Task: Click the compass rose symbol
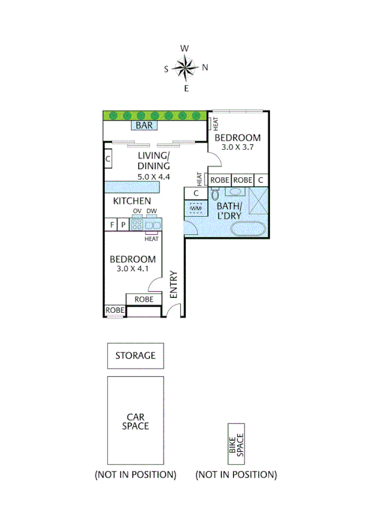(185, 68)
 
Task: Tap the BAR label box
(144, 126)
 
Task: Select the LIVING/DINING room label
(153, 160)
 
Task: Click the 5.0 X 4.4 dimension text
(154, 177)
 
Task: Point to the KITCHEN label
(132, 201)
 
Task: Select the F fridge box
(111, 225)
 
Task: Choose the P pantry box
(123, 225)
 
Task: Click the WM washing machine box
(196, 209)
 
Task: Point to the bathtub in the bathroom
(249, 229)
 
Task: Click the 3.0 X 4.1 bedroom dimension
(132, 269)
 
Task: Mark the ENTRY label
(174, 284)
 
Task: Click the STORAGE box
(135, 356)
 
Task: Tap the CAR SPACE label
(135, 421)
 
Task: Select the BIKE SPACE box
(236, 444)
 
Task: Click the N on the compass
(205, 68)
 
